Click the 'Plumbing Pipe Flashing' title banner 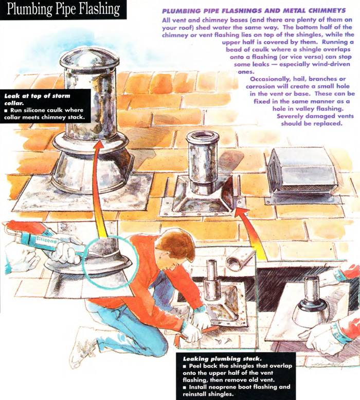click(x=63, y=9)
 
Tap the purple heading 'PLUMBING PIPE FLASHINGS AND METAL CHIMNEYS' click(x=254, y=11)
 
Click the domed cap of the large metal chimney click(x=89, y=60)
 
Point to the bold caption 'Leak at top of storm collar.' click(x=37, y=100)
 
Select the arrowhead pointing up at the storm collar click(x=98, y=145)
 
